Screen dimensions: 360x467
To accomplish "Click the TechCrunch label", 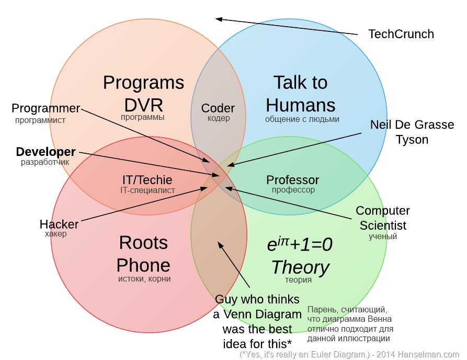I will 401,34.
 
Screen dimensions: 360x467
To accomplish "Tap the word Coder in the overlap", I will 218,108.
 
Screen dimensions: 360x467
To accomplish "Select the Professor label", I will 293,180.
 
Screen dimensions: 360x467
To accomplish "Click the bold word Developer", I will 46,152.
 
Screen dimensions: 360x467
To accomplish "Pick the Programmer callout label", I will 46,108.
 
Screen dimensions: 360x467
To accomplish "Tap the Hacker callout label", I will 59,224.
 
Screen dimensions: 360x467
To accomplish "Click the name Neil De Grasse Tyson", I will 412,132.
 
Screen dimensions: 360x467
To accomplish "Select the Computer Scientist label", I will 382,218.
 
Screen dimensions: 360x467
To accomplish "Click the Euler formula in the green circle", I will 300,244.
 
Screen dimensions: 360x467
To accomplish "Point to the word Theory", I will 300,267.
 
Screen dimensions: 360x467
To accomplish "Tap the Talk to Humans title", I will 301,94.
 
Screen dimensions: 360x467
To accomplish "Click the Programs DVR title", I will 143,94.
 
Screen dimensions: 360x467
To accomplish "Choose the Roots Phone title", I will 143,254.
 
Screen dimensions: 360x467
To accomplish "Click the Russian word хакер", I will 56,234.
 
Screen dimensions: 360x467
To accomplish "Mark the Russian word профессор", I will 293,190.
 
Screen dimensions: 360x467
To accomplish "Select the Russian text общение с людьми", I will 302,119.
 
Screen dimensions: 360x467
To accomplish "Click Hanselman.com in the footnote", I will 434,354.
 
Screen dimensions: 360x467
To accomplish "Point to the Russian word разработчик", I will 45,162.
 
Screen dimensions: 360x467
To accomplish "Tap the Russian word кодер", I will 219,119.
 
